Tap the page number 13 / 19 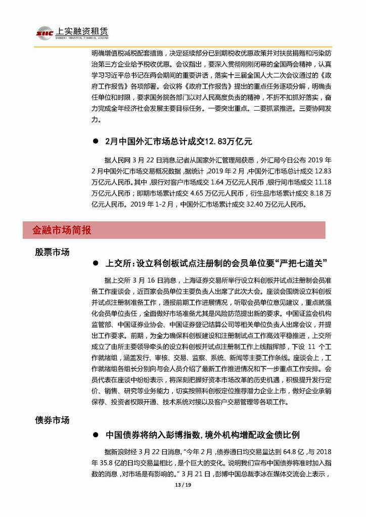pyautogui.click(x=183, y=486)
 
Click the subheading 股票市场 pyautogui.click(x=52, y=252)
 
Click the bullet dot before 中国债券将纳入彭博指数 pyautogui.click(x=94, y=435)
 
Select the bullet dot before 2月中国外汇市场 pyautogui.click(x=94, y=142)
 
